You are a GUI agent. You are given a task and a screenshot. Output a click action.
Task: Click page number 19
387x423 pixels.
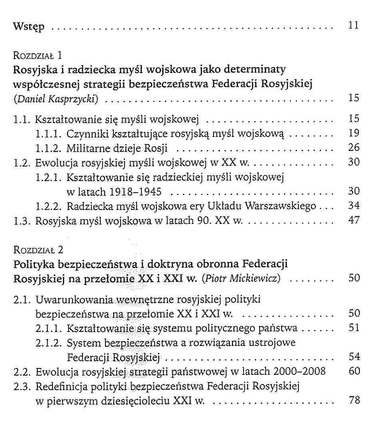[354, 133]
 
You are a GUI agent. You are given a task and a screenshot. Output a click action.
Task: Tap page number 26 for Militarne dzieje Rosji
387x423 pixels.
[354, 148]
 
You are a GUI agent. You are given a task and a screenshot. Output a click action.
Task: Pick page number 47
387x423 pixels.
[354, 221]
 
